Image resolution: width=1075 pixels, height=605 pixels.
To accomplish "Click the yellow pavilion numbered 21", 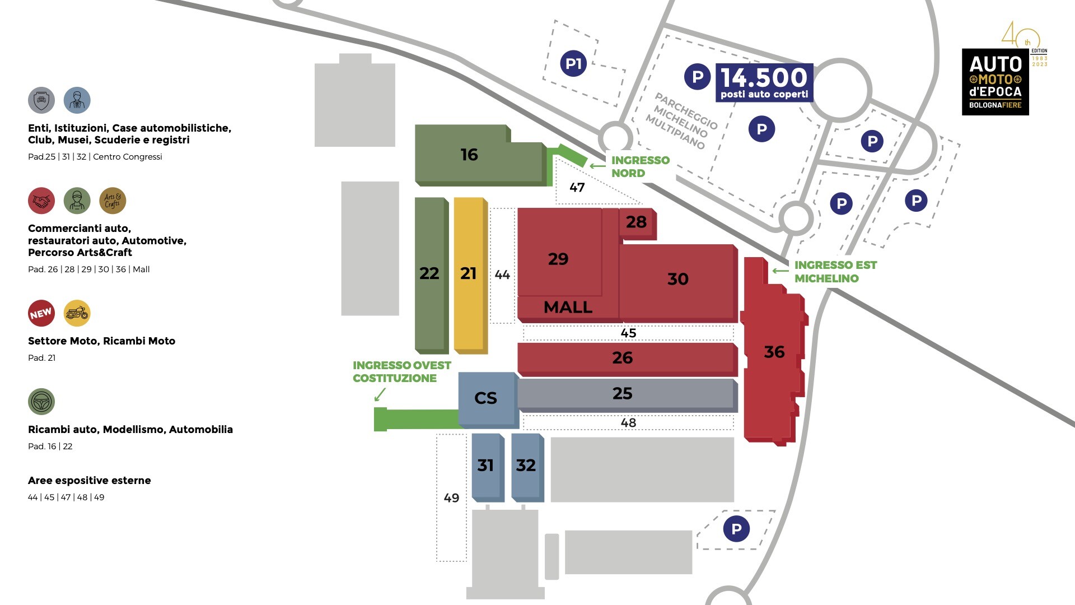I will click(469, 274).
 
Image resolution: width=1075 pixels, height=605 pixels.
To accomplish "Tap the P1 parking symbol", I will click(573, 63).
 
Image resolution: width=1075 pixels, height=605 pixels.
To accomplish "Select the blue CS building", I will click(486, 398).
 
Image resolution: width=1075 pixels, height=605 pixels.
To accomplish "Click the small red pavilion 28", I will click(637, 222).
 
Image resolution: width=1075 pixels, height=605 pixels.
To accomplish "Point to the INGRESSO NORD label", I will click(640, 166).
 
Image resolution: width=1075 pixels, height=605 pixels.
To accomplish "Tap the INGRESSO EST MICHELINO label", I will click(835, 272).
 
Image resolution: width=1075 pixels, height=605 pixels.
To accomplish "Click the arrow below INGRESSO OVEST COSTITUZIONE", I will click(380, 394).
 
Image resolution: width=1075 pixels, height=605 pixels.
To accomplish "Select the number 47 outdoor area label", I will click(577, 188).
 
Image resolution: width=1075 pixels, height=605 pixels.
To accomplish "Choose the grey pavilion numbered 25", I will click(623, 394).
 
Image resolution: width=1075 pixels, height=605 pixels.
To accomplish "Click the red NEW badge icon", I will click(41, 313).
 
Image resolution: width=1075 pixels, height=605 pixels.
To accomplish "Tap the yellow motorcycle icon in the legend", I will click(77, 313).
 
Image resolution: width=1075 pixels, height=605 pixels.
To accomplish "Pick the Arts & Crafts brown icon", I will click(113, 201).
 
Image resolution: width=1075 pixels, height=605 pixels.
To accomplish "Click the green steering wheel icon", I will click(41, 402).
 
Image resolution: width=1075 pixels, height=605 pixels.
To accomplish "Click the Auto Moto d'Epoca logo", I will click(995, 82).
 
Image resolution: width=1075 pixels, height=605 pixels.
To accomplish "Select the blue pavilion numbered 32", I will click(526, 466).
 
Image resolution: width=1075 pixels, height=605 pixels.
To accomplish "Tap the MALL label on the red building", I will click(568, 308).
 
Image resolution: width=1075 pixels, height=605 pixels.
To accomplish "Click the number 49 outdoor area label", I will click(451, 498).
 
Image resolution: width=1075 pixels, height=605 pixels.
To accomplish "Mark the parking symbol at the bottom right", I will click(736, 529).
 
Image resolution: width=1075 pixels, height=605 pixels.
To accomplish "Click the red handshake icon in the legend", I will click(41, 201).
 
